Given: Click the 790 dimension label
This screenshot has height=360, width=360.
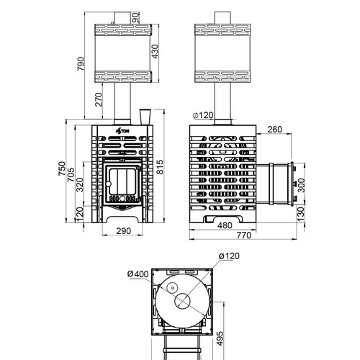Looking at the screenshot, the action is click(x=81, y=63).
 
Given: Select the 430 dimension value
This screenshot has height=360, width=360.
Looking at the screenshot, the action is click(x=156, y=52).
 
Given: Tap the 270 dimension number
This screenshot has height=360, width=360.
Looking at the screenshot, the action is click(x=99, y=99).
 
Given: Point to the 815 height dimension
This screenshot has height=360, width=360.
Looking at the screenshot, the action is click(x=160, y=167).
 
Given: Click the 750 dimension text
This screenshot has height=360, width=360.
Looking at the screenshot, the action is click(x=62, y=168).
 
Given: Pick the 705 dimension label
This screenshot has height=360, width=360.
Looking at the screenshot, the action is click(x=71, y=174).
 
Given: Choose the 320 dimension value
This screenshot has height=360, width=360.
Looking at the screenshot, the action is click(x=80, y=184).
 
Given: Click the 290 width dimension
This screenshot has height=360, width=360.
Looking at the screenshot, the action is click(x=124, y=231).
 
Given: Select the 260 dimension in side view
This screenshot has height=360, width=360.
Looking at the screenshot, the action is click(x=275, y=130).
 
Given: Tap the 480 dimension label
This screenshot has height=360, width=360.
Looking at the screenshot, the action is click(x=225, y=225).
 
